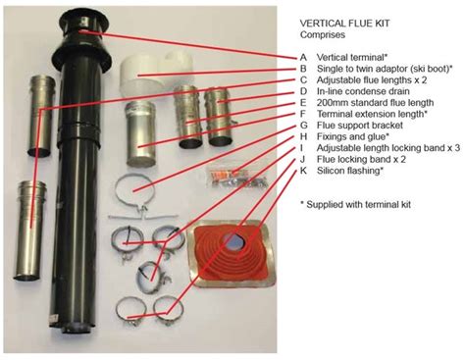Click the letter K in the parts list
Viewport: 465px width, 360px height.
pyautogui.click(x=303, y=171)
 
